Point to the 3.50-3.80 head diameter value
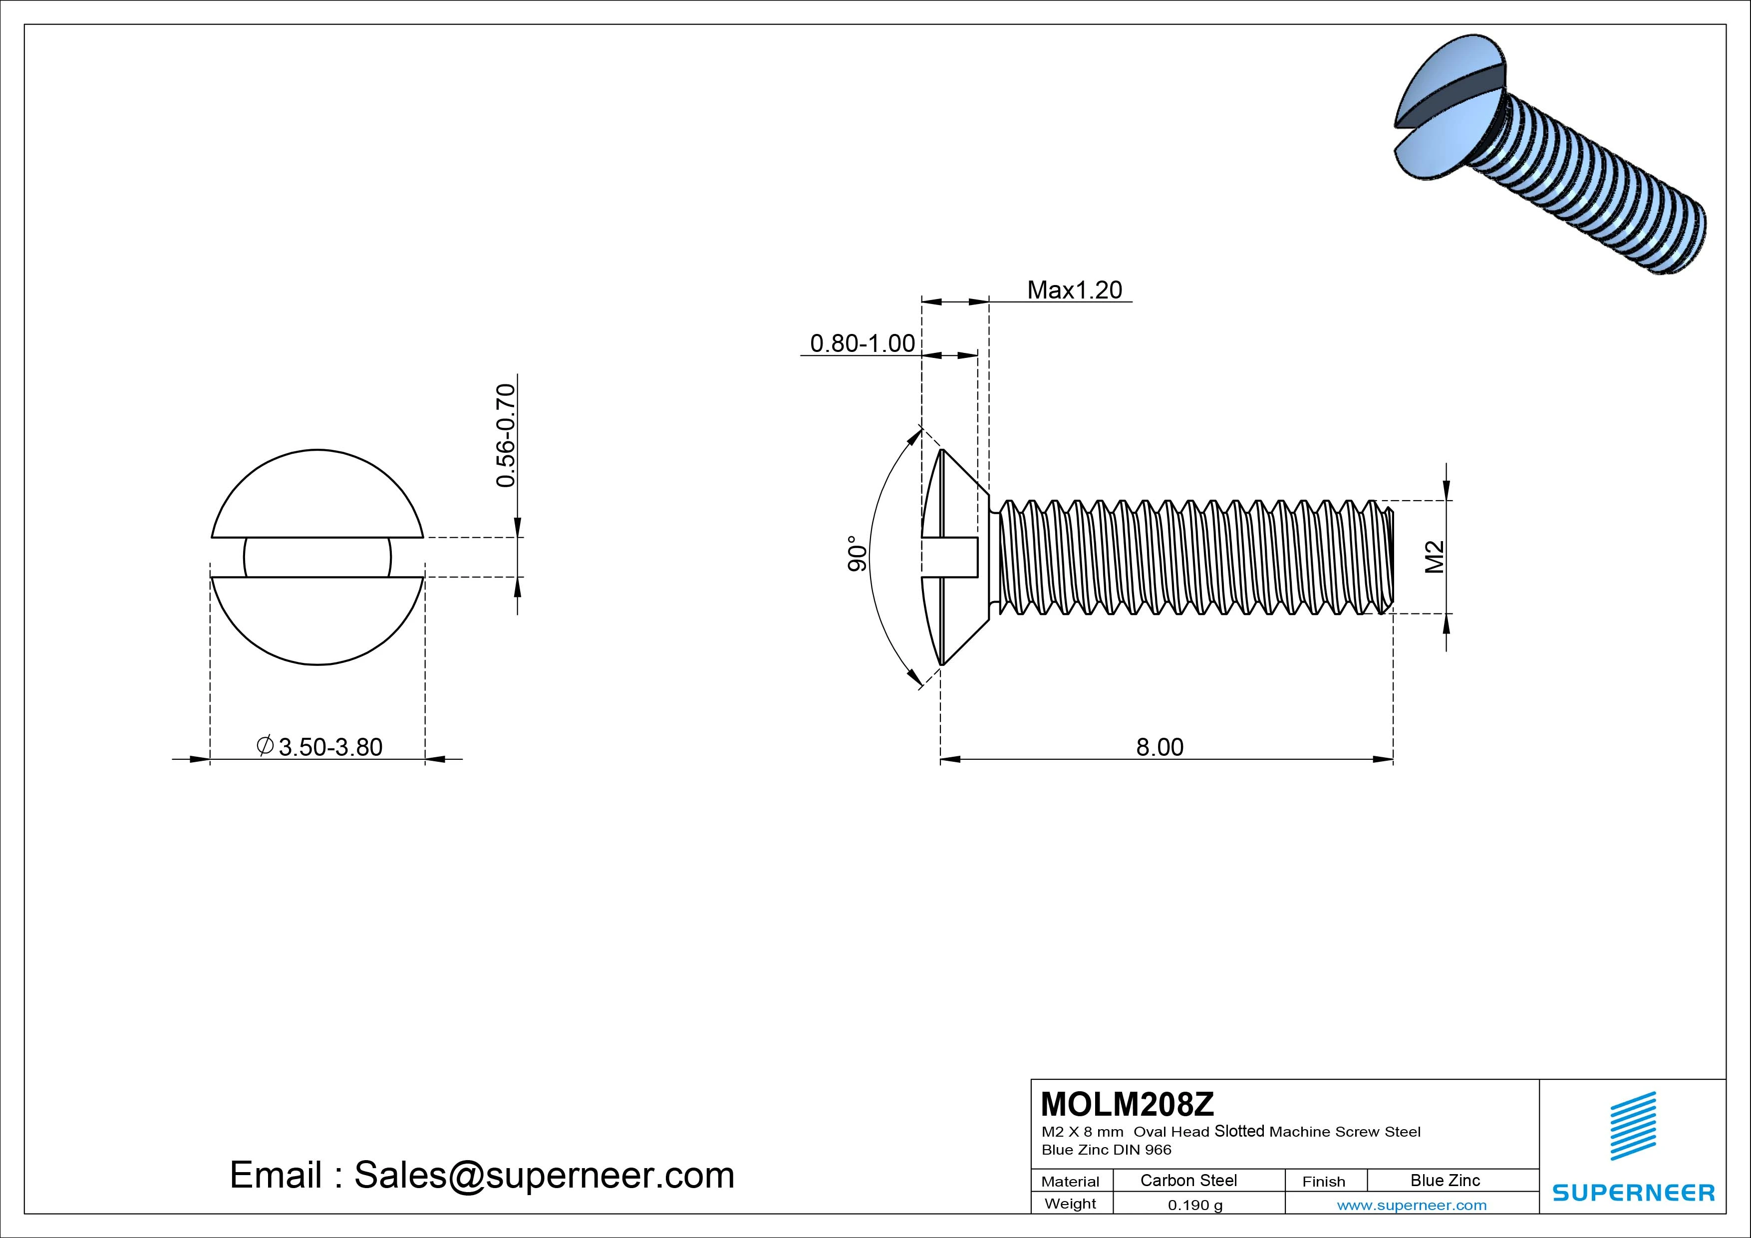[x=330, y=747]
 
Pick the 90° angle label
[x=857, y=553]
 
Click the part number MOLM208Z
[x=1127, y=1104]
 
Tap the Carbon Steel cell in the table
[x=1188, y=1180]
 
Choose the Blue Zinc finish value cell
[x=1445, y=1180]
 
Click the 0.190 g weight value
[x=1195, y=1205]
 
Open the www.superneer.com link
[x=1411, y=1205]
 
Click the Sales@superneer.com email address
[x=544, y=1175]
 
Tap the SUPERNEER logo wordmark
[x=1633, y=1192]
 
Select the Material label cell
[x=1070, y=1182]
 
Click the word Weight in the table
[x=1070, y=1204]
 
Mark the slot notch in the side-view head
[x=952, y=557]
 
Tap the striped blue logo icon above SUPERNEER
[x=1633, y=1126]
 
